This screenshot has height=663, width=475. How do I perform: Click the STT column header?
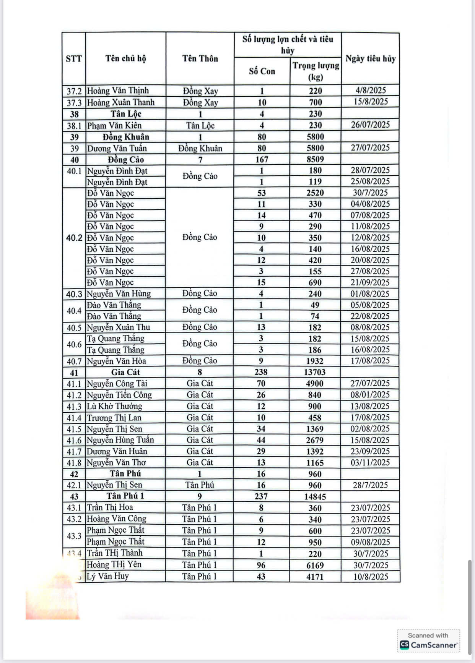click(x=74, y=58)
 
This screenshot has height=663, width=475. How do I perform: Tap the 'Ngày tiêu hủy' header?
click(x=370, y=58)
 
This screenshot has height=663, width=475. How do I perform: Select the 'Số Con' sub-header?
click(x=262, y=71)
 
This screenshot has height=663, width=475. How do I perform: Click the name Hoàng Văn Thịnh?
click(x=118, y=91)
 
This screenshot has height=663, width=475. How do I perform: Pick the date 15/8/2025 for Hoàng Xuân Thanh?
click(x=370, y=102)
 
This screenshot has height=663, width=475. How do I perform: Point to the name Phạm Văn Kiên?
click(x=114, y=125)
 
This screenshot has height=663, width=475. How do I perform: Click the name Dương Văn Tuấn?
click(x=117, y=148)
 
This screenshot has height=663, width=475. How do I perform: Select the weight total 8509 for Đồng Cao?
click(x=315, y=159)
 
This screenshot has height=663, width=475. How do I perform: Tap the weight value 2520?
click(x=315, y=193)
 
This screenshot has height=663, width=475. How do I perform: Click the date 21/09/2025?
click(x=370, y=282)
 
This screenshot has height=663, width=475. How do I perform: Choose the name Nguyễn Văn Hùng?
click(x=119, y=293)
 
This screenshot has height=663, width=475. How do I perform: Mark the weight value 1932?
click(x=315, y=361)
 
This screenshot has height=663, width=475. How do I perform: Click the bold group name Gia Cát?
click(x=125, y=372)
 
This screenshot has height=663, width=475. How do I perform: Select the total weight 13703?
click(x=315, y=372)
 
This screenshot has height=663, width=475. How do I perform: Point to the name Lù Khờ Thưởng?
click(x=114, y=406)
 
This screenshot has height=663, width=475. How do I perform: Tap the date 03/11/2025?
click(x=370, y=462)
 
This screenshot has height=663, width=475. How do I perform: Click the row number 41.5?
click(x=74, y=429)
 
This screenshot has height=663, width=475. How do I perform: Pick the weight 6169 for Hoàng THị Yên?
click(x=315, y=565)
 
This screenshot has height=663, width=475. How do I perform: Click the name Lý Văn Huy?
click(x=108, y=576)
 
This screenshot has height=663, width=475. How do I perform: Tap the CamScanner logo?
click(x=428, y=645)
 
